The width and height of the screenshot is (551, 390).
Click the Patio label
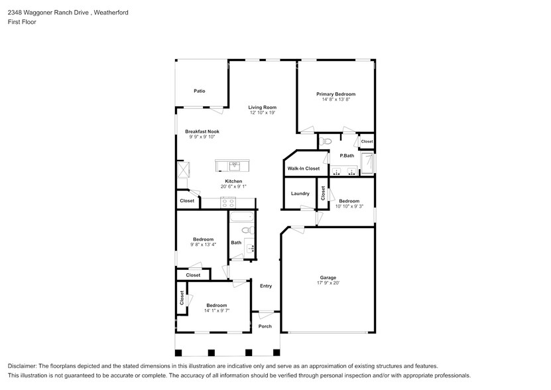199,91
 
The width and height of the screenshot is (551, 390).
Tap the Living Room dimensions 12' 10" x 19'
263,113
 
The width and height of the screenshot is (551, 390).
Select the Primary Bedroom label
336,94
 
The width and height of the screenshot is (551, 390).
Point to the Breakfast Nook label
202,131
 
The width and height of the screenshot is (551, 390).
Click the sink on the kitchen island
233,165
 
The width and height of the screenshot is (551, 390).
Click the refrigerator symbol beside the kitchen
183,169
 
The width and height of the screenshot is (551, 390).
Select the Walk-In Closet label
303,168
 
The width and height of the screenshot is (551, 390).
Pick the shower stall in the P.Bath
367,162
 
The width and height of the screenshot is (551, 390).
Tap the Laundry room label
300,194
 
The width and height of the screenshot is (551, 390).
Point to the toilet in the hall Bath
247,231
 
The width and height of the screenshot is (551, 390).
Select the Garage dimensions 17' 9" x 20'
328,283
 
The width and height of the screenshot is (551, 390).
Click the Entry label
266,286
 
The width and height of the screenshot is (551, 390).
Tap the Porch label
265,326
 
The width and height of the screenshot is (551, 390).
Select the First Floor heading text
22,22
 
